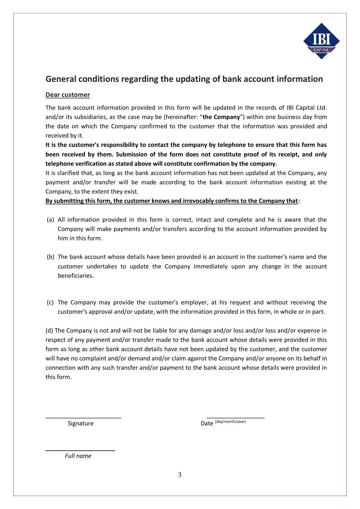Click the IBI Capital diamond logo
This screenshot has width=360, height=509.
[x=321, y=41]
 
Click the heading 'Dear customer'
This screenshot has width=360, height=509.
[x=68, y=95]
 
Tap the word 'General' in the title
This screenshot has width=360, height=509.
[x=61, y=79]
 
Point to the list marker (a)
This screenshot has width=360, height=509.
[x=50, y=220]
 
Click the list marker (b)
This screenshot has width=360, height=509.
[x=50, y=257]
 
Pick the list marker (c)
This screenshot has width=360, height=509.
[x=50, y=302]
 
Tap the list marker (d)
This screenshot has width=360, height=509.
[x=49, y=331]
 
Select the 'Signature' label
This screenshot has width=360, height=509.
[x=81, y=423]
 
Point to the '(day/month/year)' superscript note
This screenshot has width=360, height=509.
[x=230, y=422]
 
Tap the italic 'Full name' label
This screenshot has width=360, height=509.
[x=78, y=456]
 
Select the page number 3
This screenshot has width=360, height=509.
[x=180, y=475]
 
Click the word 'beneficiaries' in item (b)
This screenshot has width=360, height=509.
[x=75, y=276]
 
